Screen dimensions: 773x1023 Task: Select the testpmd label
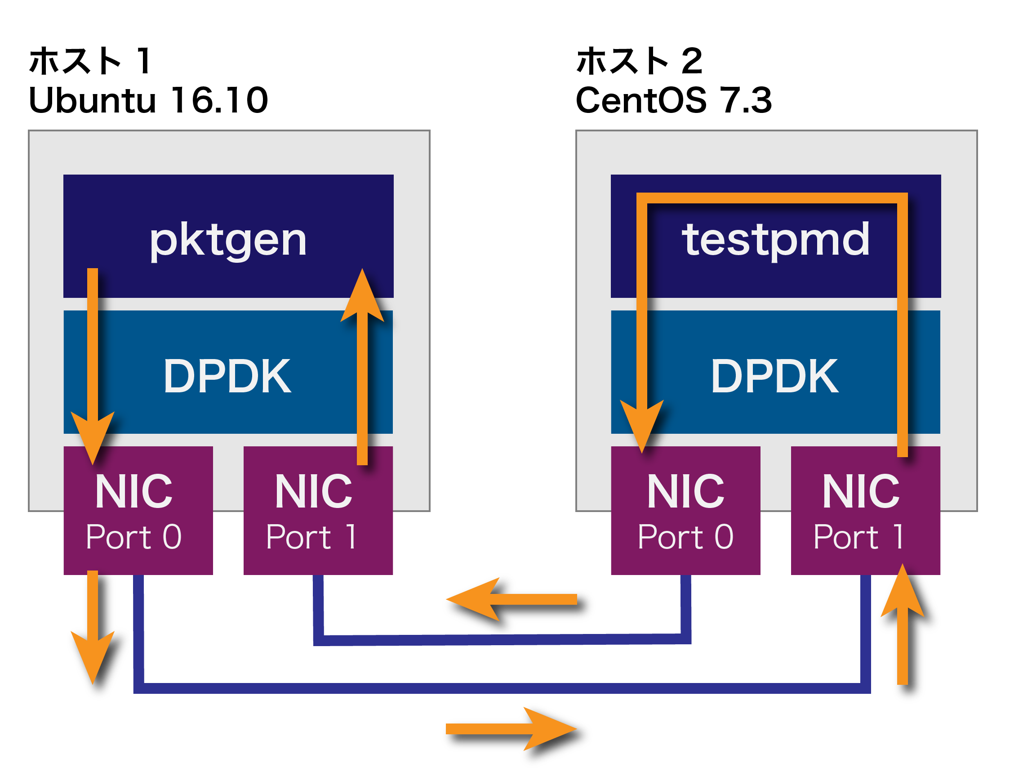tap(776, 239)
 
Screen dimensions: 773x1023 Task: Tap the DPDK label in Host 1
tap(227, 377)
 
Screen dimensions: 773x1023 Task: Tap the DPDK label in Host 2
tap(774, 377)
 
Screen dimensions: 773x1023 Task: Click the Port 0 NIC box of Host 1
tap(138, 511)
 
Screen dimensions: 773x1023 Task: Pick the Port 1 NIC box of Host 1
tap(318, 511)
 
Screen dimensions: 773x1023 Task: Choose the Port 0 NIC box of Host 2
tap(685, 511)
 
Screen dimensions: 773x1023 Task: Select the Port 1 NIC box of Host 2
tap(865, 511)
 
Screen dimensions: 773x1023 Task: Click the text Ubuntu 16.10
tap(148, 100)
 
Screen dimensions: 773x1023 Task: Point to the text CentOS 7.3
tap(673, 100)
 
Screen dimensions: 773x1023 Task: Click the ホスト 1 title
tap(90, 61)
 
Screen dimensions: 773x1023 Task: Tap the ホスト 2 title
tap(639, 61)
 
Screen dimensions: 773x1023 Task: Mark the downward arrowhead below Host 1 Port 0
tap(93, 657)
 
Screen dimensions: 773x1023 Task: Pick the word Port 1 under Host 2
tap(858, 537)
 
